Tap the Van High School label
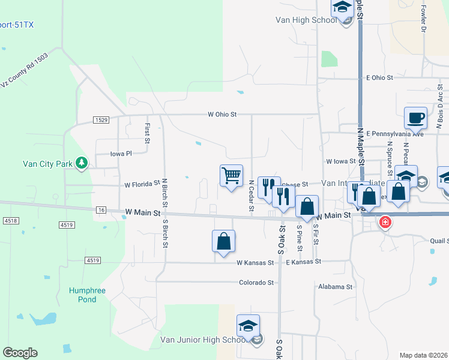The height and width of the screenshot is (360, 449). (306, 20)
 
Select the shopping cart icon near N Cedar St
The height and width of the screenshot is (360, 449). (231, 176)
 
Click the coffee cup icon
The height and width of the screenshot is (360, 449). (415, 118)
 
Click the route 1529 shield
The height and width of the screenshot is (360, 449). (101, 120)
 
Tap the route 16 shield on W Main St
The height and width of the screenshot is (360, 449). (100, 209)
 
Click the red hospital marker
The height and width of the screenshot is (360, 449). (385, 223)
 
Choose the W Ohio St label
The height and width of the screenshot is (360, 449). (223, 114)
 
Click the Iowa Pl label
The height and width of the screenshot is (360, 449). (121, 154)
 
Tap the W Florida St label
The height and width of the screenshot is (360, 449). (142, 184)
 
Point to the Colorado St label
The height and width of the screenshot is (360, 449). (256, 283)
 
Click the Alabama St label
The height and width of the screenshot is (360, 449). (336, 287)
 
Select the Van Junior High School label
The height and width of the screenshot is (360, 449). (201, 340)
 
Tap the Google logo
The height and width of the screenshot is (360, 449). (20, 353)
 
